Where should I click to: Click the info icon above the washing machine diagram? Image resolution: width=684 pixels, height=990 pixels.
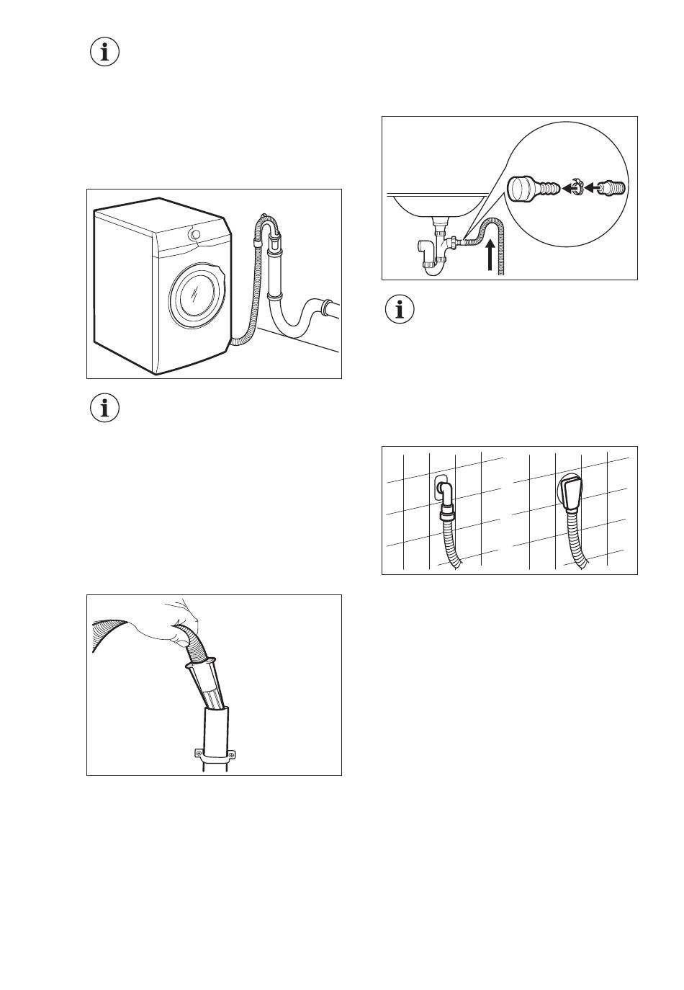[x=105, y=52]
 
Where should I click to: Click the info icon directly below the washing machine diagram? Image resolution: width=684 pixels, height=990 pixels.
[x=105, y=409]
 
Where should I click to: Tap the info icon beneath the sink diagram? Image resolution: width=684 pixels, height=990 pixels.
[x=400, y=309]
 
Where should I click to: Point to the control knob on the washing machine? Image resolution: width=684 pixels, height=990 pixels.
[x=194, y=234]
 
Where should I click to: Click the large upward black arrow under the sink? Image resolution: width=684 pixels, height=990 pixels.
[x=491, y=256]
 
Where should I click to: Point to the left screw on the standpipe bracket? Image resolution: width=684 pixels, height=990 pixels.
[x=198, y=754]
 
